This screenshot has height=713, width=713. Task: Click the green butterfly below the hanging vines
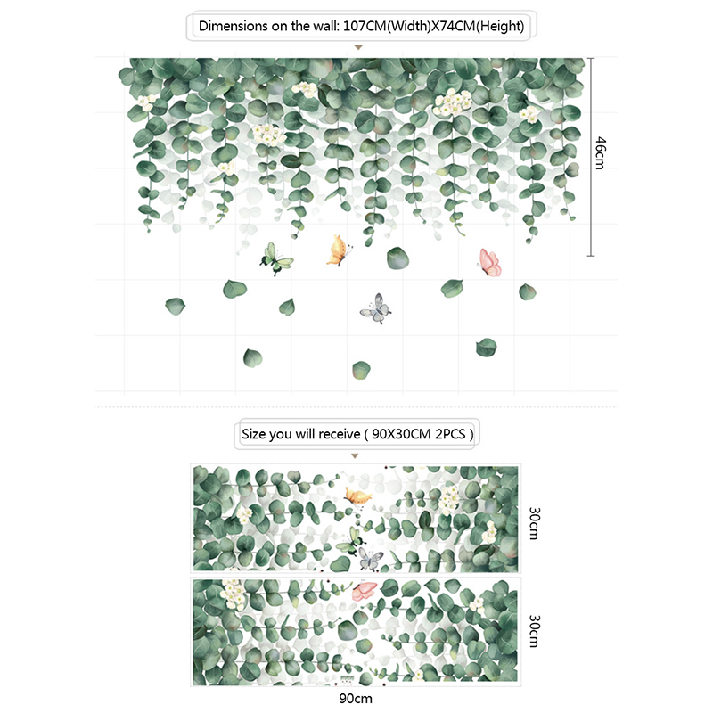(276, 259)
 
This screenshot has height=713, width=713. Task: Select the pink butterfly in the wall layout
(489, 263)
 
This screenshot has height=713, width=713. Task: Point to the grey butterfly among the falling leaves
(375, 308)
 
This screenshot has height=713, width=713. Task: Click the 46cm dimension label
(600, 152)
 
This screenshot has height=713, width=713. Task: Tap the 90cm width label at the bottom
(356, 698)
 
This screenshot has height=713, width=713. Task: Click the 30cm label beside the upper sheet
(534, 523)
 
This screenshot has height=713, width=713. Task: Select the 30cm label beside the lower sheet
(534, 631)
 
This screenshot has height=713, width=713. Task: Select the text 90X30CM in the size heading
(401, 434)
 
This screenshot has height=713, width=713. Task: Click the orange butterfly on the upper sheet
(357, 496)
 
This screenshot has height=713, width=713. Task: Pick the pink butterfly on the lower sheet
(365, 591)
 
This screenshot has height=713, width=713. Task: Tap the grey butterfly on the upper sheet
(371, 560)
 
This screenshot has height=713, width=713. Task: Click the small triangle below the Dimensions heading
(358, 47)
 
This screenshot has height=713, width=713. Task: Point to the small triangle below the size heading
(355, 455)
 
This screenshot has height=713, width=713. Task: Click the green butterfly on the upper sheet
(350, 541)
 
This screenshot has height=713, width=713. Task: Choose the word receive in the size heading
(340, 434)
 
